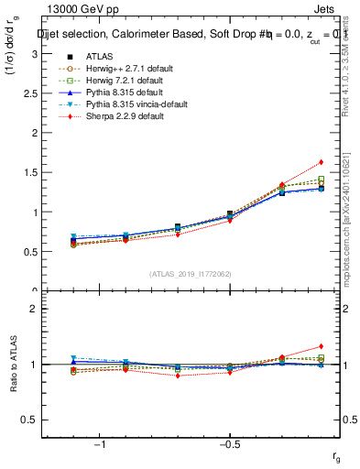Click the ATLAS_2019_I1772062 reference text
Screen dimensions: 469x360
point(191,274)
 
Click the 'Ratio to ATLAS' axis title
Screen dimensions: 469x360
point(12,365)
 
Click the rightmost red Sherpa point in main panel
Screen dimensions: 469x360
point(321,162)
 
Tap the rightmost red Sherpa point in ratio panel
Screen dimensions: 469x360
point(321,346)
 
